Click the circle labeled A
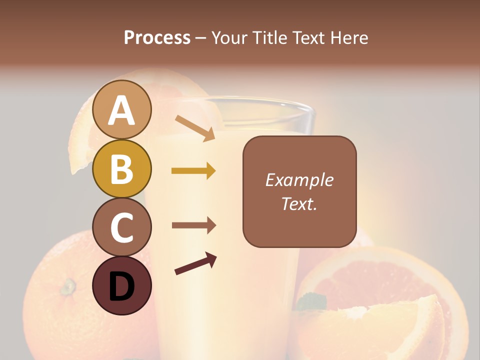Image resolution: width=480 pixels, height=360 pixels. [122, 109]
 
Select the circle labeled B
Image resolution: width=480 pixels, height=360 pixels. [122, 168]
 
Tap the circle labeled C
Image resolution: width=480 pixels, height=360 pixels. [122, 227]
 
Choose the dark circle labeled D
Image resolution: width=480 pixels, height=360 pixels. [122, 285]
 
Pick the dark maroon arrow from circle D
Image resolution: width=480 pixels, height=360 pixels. [195, 264]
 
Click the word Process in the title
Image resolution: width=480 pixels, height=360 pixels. [157, 37]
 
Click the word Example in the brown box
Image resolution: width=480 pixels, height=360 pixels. [299, 180]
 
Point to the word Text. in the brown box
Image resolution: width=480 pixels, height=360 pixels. [299, 203]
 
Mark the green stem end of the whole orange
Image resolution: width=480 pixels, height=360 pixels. [67, 286]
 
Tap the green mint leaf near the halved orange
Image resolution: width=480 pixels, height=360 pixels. [312, 301]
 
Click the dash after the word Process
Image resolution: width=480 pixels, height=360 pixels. [201, 38]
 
